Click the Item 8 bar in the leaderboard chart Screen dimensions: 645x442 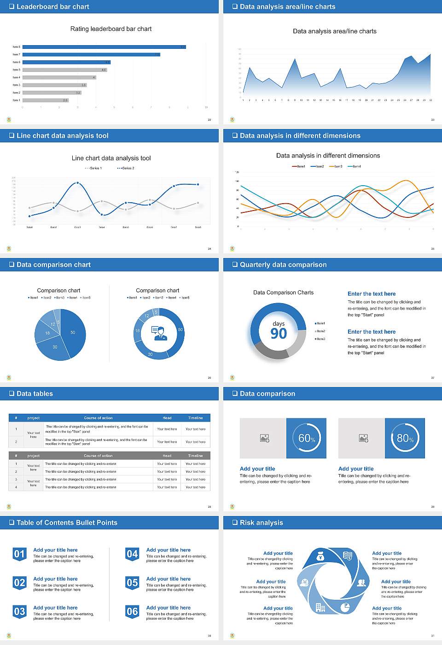pyautogui.click(x=104, y=47)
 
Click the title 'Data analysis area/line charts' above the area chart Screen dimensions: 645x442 pyautogui.click(x=335, y=31)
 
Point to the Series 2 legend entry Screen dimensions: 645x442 pyautogui.click(x=126, y=168)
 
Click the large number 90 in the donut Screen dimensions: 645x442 pyautogui.click(x=279, y=334)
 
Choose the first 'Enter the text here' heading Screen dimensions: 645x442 pyautogui.click(x=372, y=294)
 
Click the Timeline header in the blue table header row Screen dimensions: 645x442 pyautogui.click(x=195, y=418)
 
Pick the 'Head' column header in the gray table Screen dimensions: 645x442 pyautogui.click(x=167, y=456)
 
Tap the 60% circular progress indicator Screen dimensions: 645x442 pyautogui.click(x=306, y=438)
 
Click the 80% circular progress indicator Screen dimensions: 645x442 pyautogui.click(x=405, y=438)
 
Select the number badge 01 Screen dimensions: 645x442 pyautogui.click(x=19, y=554)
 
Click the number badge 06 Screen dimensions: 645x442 pyautogui.click(x=132, y=612)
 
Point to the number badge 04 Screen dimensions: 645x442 pyautogui.click(x=132, y=554)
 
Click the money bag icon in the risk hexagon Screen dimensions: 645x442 pyautogui.click(x=321, y=557)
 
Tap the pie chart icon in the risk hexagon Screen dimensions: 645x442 pyautogui.click(x=345, y=608)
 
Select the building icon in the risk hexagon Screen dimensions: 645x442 pyautogui.click(x=320, y=607)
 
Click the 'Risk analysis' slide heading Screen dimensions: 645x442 pyautogui.click(x=261, y=522)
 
